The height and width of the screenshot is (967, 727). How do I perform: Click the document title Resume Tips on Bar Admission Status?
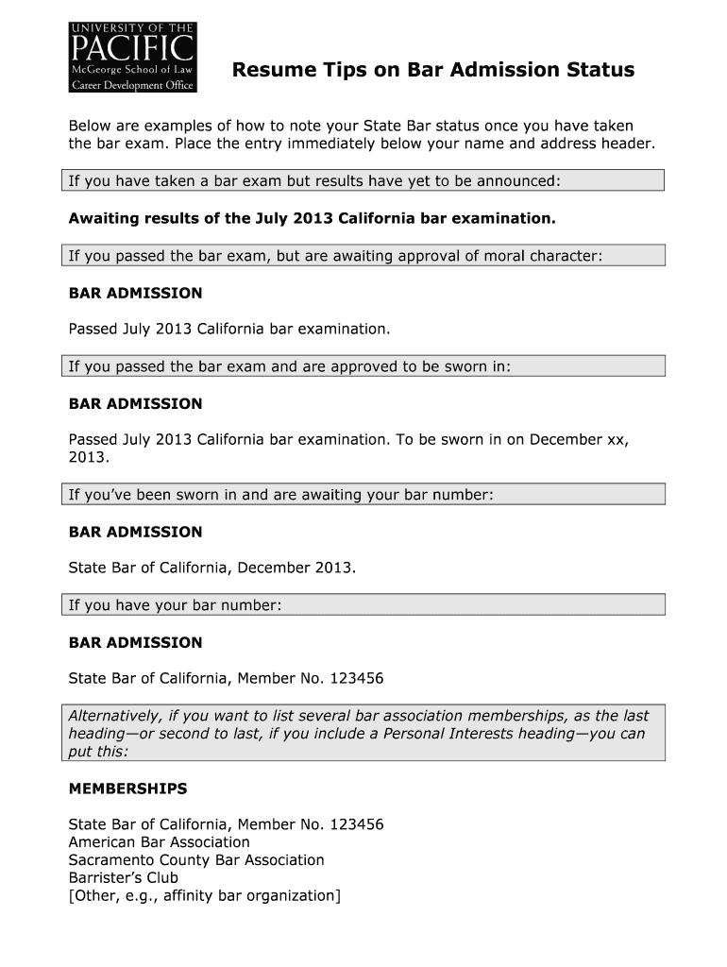[x=433, y=71]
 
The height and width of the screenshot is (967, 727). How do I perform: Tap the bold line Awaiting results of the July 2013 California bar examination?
[x=313, y=219]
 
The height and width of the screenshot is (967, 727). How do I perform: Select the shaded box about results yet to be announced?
[x=363, y=180]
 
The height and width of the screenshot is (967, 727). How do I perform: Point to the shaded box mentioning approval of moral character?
[x=363, y=256]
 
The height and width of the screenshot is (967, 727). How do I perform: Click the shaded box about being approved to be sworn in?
[x=363, y=366]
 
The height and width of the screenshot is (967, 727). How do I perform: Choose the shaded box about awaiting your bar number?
[x=363, y=495]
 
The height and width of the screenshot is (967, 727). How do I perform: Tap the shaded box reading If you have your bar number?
[x=363, y=605]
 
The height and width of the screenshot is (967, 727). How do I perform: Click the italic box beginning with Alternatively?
[x=363, y=733]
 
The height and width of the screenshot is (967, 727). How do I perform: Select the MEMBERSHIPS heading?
[x=128, y=789]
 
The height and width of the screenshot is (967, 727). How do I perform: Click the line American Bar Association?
[x=160, y=842]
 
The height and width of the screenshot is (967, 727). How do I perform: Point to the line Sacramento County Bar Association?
[x=196, y=860]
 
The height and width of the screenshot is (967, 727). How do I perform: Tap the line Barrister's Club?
[x=124, y=878]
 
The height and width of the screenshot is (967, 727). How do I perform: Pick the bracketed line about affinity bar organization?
[x=204, y=896]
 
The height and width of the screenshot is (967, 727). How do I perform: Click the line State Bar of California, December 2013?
[x=212, y=568]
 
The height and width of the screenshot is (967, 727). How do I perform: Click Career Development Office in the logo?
[x=132, y=85]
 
